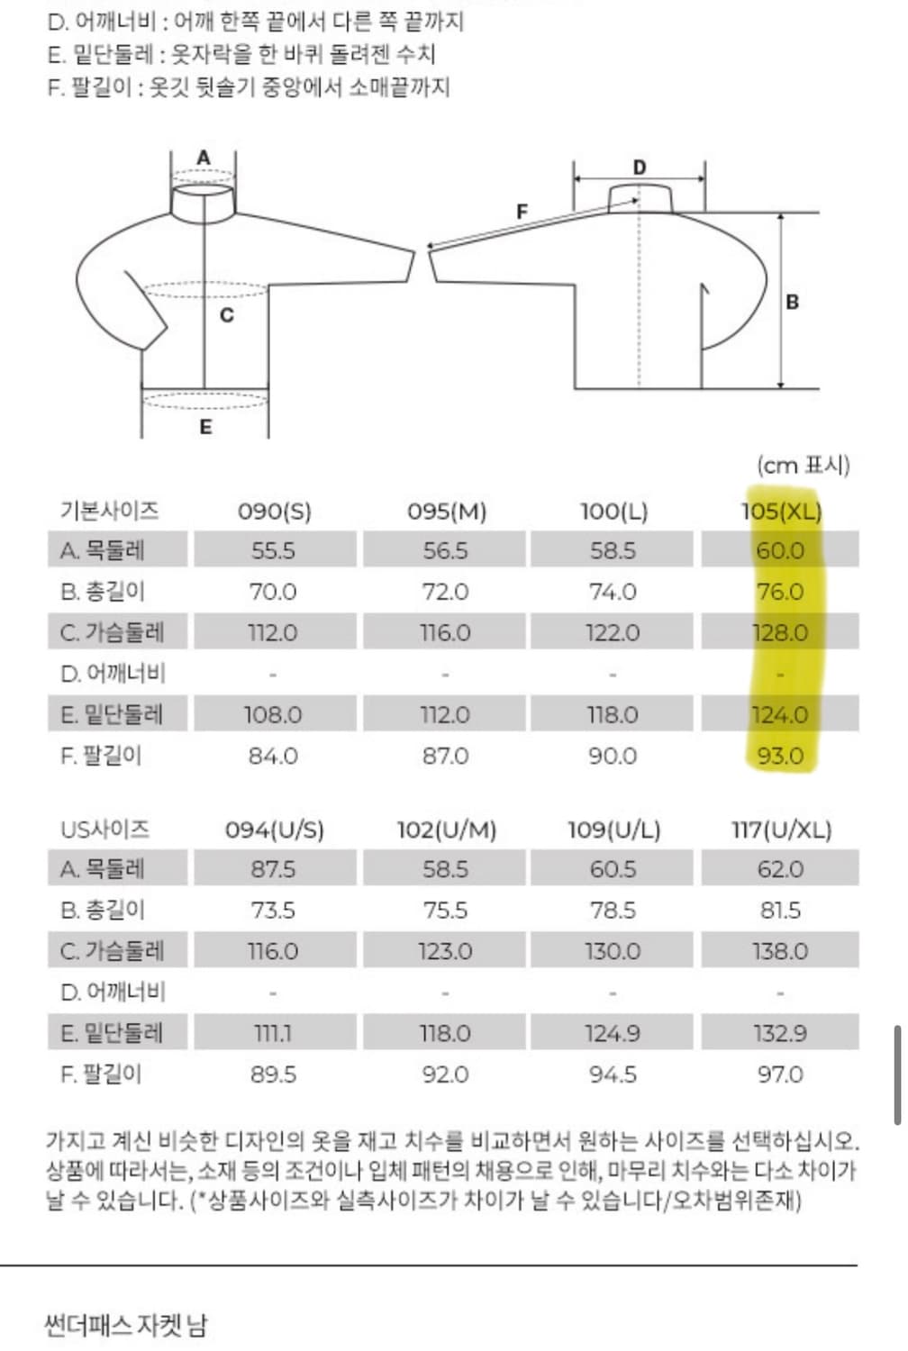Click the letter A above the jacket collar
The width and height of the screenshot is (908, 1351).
(204, 158)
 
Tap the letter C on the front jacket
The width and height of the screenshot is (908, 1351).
(226, 315)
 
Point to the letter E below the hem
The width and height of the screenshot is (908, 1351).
(205, 427)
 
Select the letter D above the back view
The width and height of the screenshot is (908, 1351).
(640, 168)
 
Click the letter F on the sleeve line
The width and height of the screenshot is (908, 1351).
(522, 212)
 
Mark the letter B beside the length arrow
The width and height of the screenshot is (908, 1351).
(793, 302)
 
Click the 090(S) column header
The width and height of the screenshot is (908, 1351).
(274, 512)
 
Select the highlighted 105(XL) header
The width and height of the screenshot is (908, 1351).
(781, 512)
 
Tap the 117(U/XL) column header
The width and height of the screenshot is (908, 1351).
(781, 830)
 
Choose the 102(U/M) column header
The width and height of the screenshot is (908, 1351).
(446, 830)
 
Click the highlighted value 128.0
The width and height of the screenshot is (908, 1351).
(780, 633)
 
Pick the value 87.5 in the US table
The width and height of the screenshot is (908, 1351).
(273, 869)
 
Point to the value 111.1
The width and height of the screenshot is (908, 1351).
(273, 1033)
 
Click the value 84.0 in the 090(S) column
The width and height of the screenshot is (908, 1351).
(273, 756)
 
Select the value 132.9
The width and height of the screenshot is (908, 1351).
(780, 1033)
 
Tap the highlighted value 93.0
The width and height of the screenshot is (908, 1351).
(780, 756)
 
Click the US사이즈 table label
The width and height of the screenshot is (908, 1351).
(104, 830)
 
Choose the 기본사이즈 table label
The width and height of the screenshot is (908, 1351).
(109, 511)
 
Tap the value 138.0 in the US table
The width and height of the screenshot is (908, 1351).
(780, 951)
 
